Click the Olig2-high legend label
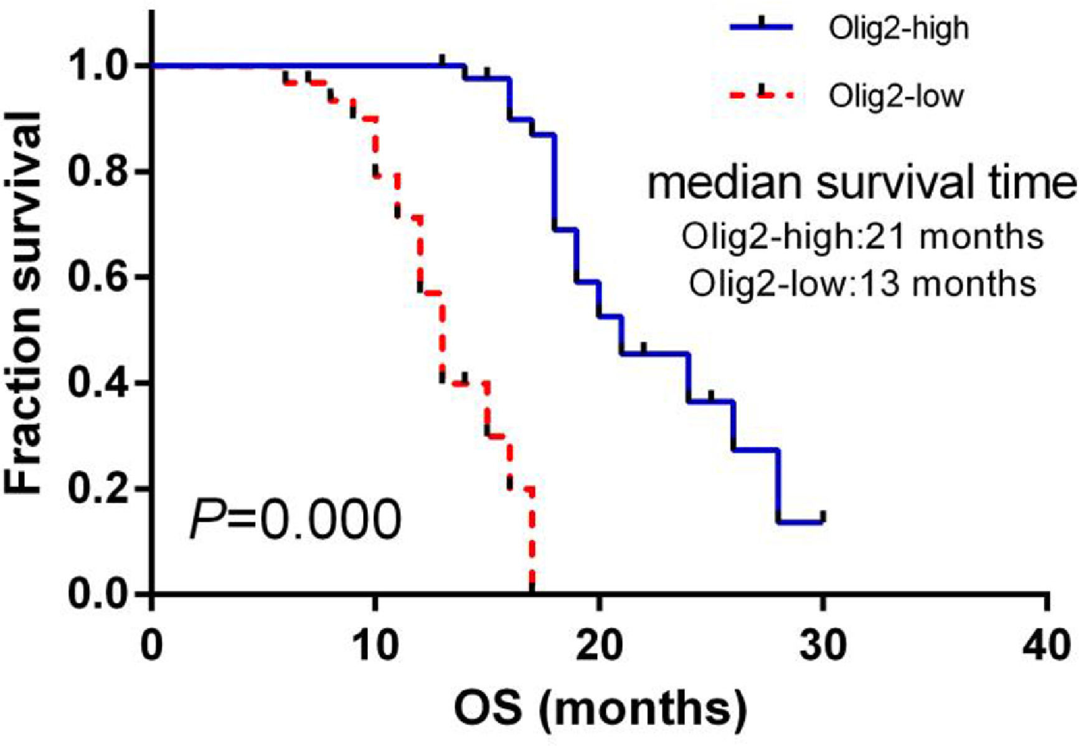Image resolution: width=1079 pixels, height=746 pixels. (898, 29)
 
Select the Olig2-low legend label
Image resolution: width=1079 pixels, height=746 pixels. (896, 96)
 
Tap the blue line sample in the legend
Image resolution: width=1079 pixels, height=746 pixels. (761, 27)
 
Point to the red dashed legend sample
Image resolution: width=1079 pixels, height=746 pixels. (761, 95)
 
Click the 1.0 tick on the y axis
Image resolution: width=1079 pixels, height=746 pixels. (99, 66)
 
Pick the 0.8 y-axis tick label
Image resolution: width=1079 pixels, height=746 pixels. (99, 172)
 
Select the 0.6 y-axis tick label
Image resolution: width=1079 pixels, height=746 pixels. (99, 277)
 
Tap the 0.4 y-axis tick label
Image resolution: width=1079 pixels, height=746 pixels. (99, 383)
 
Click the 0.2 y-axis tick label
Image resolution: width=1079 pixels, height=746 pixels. (99, 489)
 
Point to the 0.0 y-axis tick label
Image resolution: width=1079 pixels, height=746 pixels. (99, 595)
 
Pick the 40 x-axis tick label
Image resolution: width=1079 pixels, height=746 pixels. (1048, 645)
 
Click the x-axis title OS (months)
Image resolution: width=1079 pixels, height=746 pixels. (600, 709)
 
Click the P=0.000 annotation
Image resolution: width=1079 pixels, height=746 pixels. (295, 520)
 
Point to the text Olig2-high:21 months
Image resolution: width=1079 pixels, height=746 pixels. (862, 237)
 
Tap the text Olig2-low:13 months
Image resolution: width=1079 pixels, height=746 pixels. (862, 284)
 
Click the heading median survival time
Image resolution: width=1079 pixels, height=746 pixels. (862, 185)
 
